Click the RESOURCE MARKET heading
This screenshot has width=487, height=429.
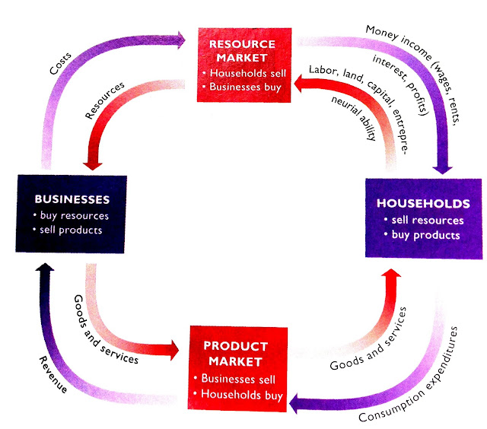coord(243,49)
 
